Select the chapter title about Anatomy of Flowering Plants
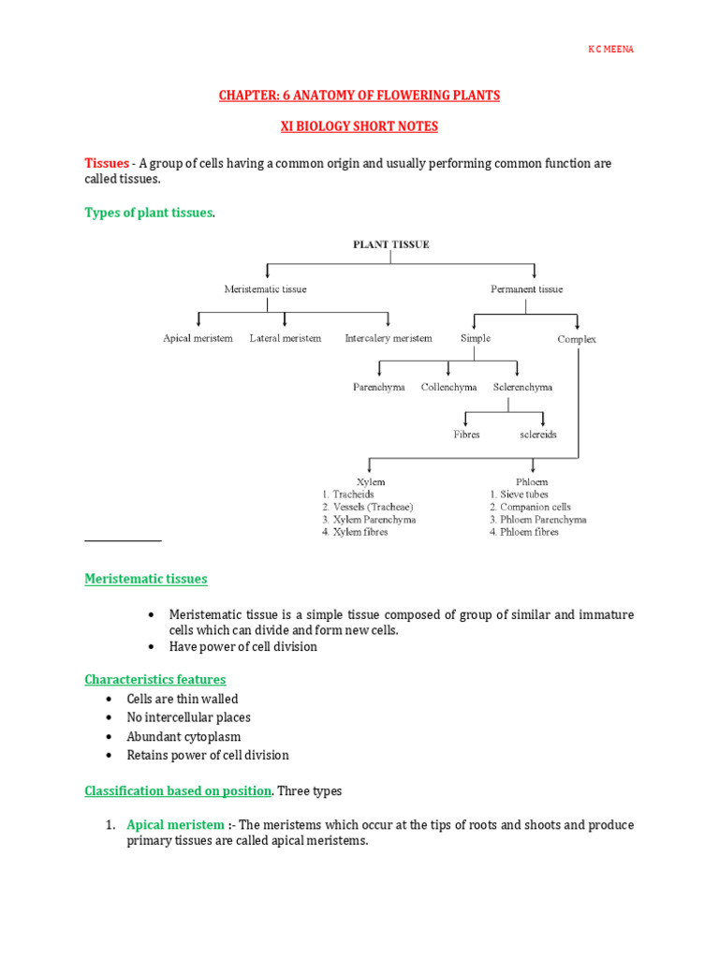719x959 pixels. [359, 96]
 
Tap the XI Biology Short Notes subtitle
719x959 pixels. [359, 126]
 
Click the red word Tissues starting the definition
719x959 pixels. [107, 163]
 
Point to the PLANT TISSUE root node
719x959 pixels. [390, 244]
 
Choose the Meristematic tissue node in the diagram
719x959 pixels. [266, 289]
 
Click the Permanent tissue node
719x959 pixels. [527, 289]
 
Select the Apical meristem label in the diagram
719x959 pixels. [198, 338]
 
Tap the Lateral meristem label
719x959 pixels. [285, 338]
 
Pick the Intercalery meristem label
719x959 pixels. [389, 338]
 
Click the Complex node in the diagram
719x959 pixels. [577, 339]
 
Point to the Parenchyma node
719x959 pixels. [379, 387]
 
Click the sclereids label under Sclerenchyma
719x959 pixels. [538, 435]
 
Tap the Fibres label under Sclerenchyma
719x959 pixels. [466, 435]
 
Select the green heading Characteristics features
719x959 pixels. [155, 679]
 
